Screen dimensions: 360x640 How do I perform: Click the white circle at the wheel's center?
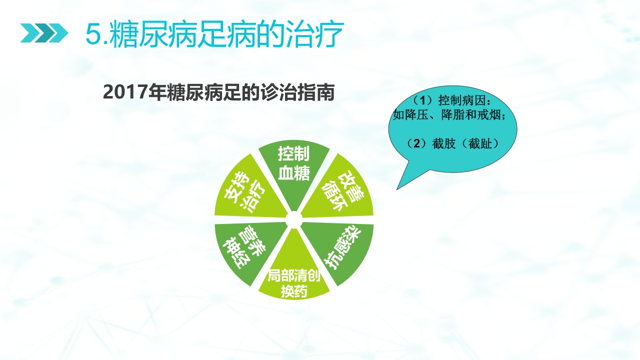(x=294, y=219)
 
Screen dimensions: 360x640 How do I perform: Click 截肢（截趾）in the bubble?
(x=468, y=144)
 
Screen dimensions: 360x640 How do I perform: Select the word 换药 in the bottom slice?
(x=293, y=291)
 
